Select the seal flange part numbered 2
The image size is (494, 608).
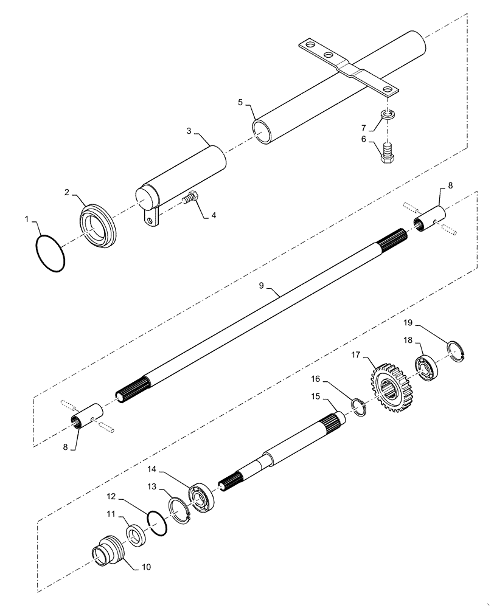coord(98,224)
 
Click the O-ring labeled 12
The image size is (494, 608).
coord(158,522)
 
